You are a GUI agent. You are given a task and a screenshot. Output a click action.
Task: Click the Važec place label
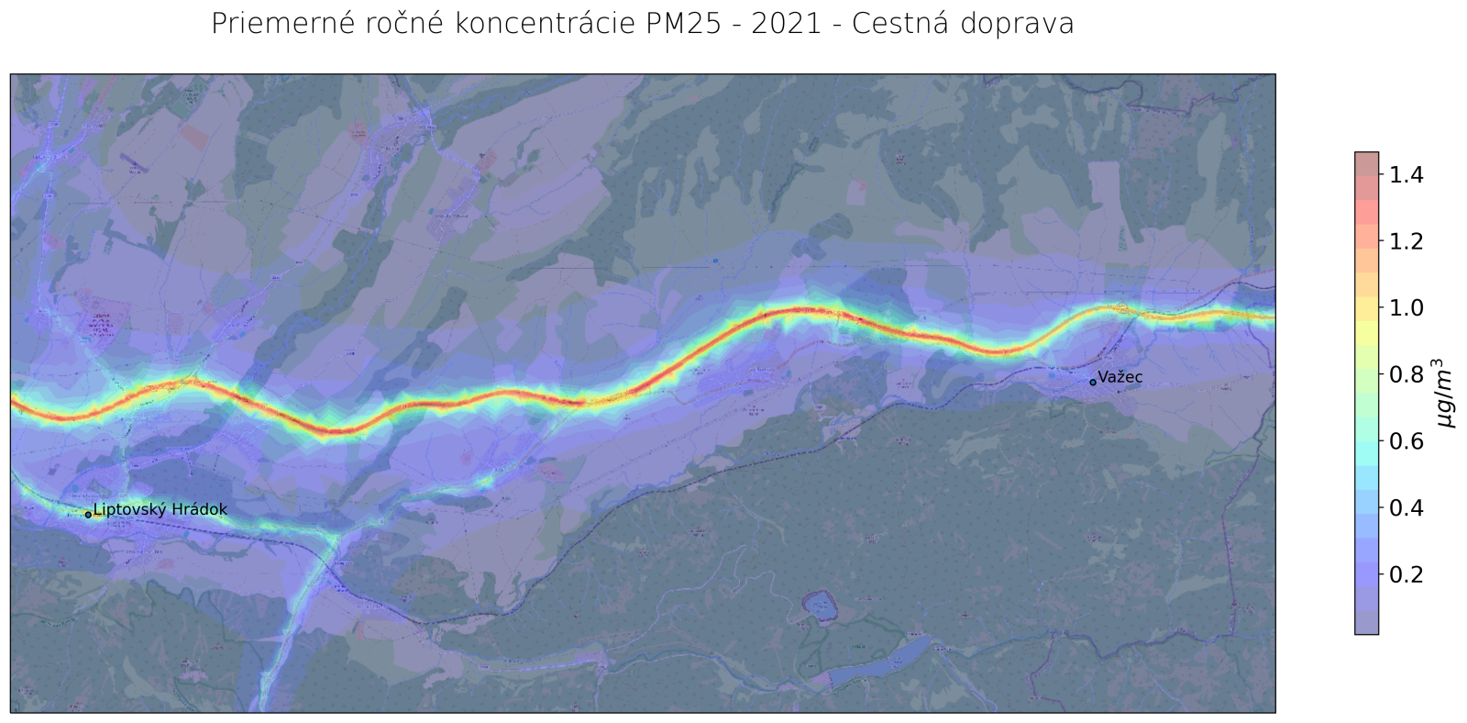coord(1120,377)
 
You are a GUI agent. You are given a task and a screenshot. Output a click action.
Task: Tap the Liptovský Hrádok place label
coord(160,509)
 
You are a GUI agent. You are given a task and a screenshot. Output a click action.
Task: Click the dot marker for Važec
coord(1093,382)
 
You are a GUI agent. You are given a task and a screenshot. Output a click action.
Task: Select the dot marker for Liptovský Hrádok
coord(88,515)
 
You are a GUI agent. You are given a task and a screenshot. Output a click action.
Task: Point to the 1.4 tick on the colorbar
coord(1410,174)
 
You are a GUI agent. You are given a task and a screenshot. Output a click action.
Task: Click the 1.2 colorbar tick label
coord(1410,241)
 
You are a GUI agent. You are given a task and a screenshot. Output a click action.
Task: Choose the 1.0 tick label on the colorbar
coord(1410,307)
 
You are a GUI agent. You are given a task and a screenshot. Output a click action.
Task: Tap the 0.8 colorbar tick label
coord(1410,374)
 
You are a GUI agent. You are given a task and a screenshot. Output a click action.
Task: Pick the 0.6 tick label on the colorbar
coord(1410,441)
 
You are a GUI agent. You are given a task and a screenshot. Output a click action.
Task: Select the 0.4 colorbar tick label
coord(1410,507)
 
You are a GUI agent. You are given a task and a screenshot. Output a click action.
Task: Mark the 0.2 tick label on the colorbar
coord(1410,574)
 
